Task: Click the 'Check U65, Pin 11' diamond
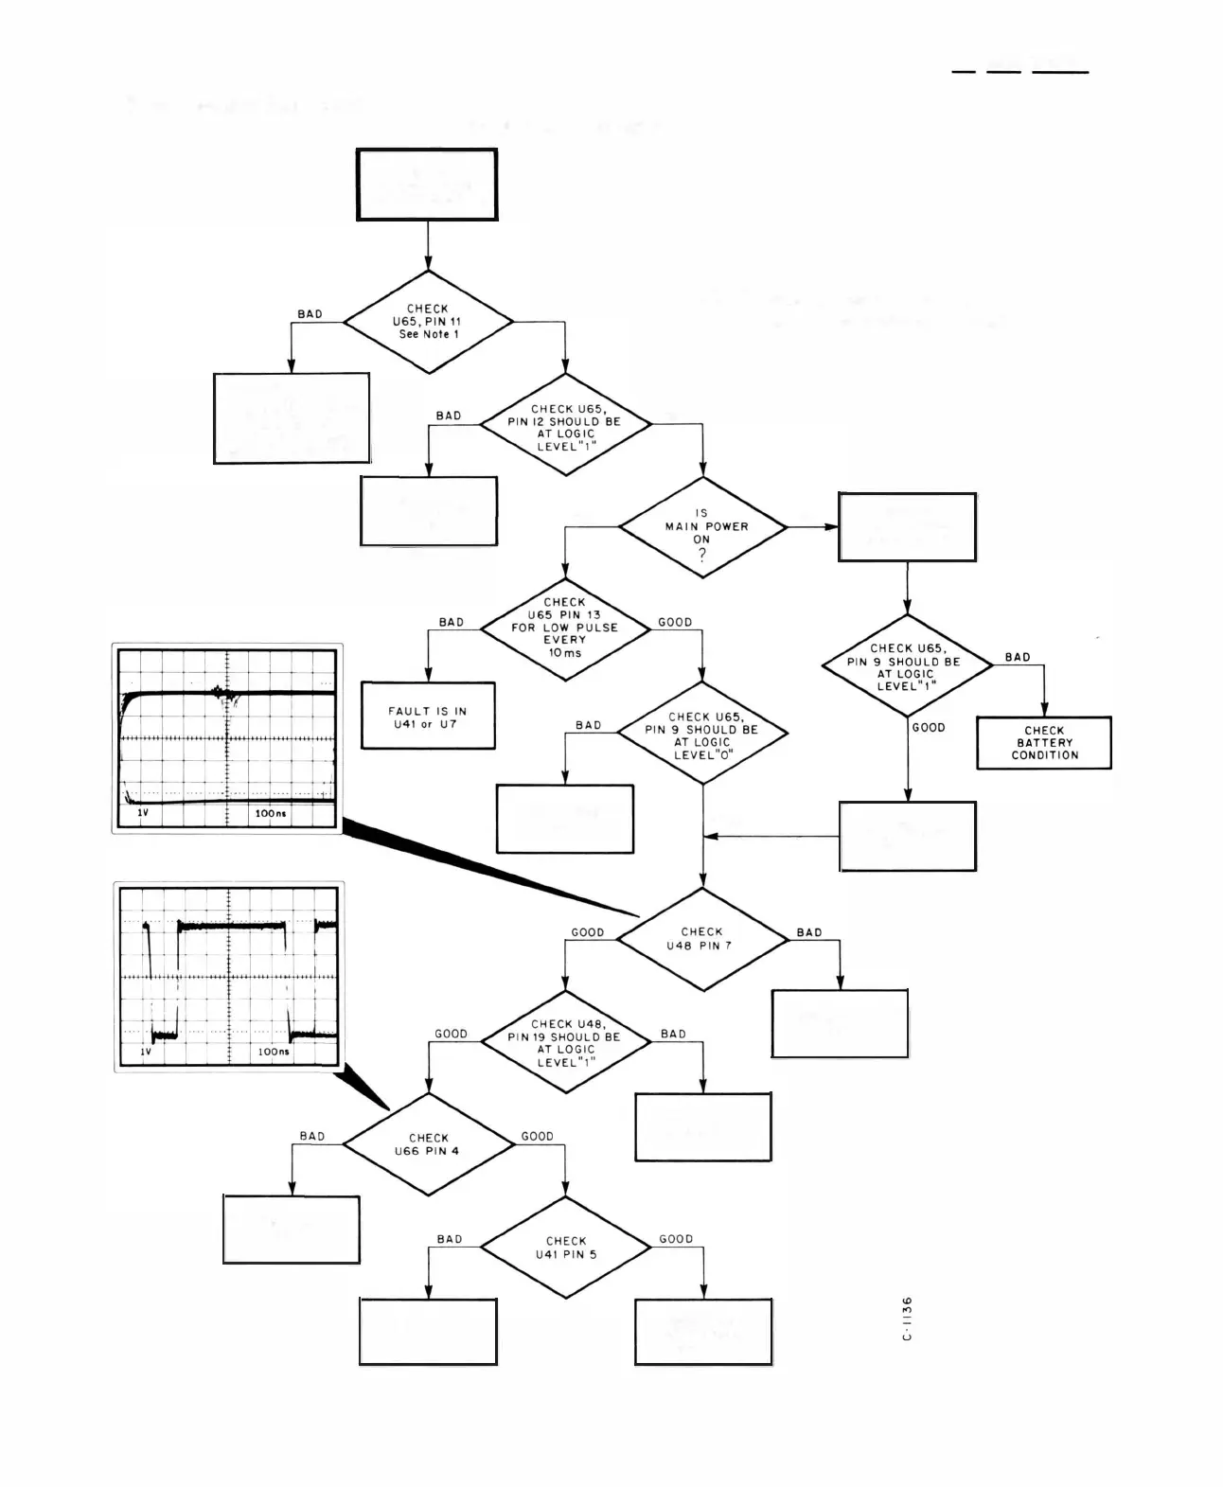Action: pos(428,322)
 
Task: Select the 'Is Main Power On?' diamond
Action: pos(702,527)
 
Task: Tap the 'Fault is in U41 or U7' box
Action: pos(428,717)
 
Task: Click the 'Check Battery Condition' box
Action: pos(1044,743)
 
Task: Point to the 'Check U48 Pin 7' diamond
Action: pos(702,939)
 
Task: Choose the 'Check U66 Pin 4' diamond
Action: pos(428,1144)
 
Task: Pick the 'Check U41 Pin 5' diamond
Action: pos(566,1248)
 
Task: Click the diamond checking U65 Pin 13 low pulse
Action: pos(565,628)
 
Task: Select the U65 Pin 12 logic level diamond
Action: pos(565,428)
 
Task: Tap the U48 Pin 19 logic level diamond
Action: pos(565,1042)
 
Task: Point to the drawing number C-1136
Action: pos(907,1319)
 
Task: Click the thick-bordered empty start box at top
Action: pos(427,185)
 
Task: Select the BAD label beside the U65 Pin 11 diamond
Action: pos(310,314)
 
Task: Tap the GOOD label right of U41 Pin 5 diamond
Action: pos(676,1239)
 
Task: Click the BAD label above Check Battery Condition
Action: pos(1018,657)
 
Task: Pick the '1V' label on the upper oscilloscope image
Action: pos(143,813)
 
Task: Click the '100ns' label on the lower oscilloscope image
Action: pos(274,1052)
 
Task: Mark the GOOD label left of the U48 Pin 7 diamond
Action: pos(587,932)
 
